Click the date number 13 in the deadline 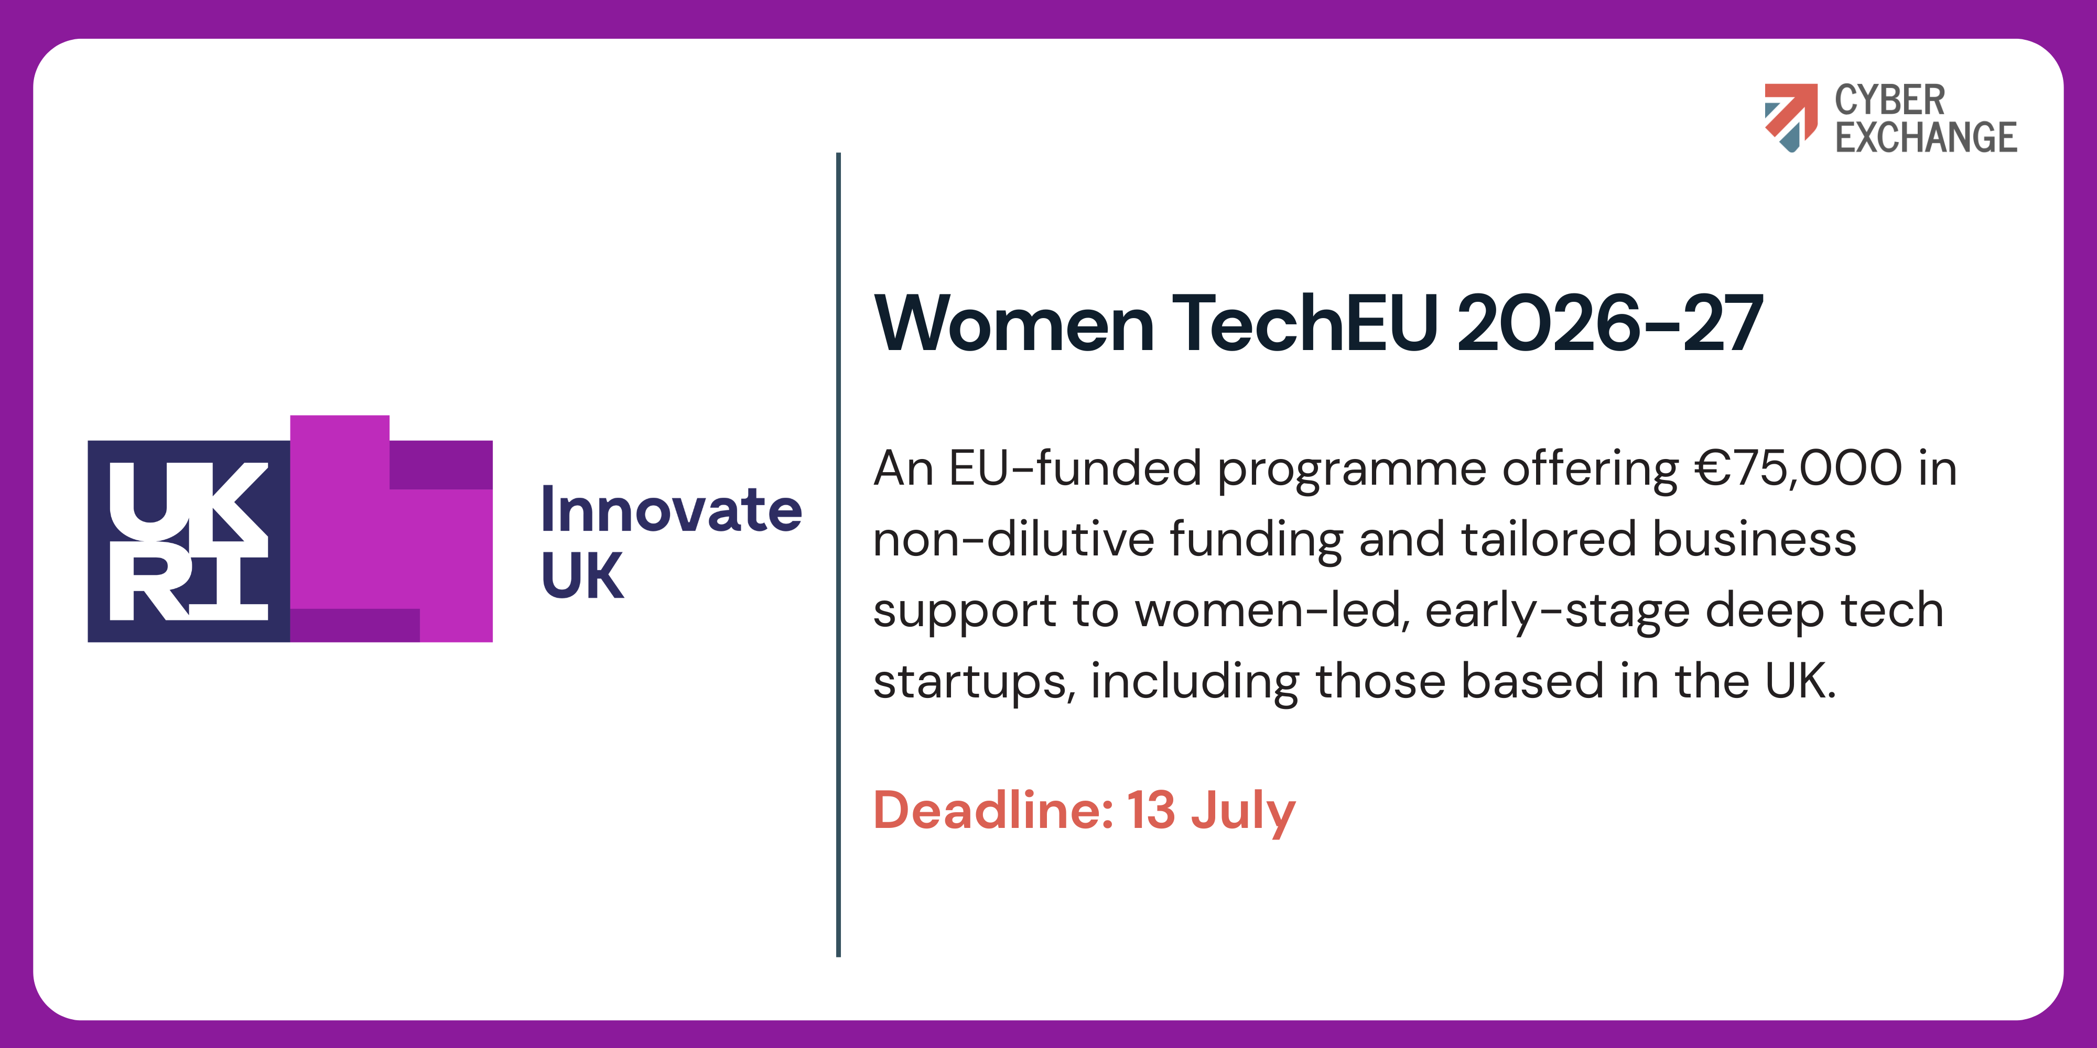point(1151,811)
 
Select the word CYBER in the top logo point(1889,101)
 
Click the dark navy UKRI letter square point(189,541)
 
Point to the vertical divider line point(838,554)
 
